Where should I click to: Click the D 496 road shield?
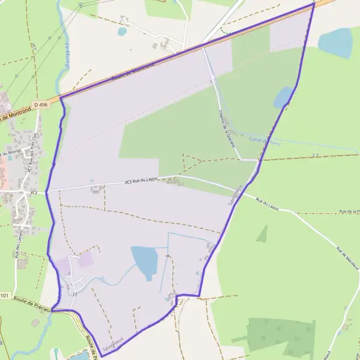point(41,104)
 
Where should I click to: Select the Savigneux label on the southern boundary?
point(112,344)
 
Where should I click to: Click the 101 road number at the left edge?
point(5,296)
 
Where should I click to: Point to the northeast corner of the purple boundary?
point(313,4)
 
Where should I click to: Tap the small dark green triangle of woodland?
point(262,234)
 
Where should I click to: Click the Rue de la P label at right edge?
point(349,211)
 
